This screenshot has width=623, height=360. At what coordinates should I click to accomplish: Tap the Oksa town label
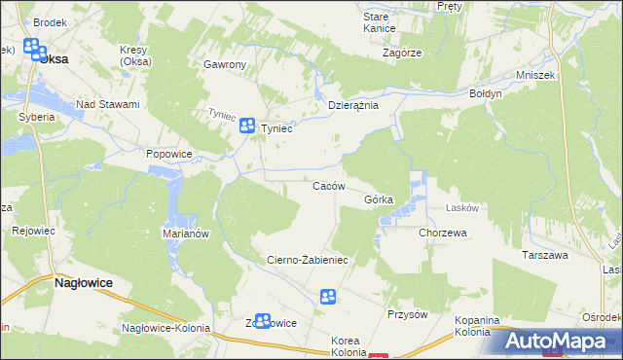click(x=55, y=58)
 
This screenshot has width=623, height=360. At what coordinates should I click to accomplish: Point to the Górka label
click(x=379, y=199)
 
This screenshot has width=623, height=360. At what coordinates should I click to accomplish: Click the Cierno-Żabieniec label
click(x=308, y=261)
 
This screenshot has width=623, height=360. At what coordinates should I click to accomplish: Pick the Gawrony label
click(x=225, y=65)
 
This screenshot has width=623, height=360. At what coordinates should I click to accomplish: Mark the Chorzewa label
click(x=443, y=234)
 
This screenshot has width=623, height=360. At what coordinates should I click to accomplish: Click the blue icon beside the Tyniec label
click(x=247, y=125)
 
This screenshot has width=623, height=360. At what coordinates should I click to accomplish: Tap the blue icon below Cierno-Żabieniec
click(x=329, y=296)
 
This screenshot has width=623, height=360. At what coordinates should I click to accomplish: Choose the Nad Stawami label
click(x=108, y=104)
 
